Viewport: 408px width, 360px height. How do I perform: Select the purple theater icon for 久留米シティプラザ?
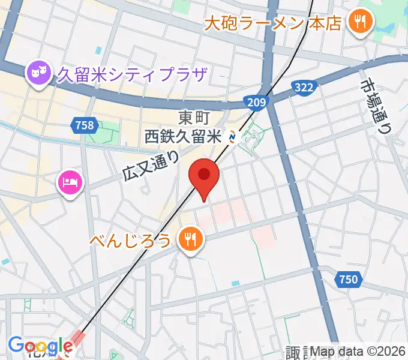click(38, 74)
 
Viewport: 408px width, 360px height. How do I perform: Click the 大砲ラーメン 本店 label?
click(272, 23)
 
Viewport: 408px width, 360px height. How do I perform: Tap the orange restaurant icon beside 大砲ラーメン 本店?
click(361, 23)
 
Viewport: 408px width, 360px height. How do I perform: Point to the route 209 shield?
click(256, 103)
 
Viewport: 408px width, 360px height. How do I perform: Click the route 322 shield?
click(304, 88)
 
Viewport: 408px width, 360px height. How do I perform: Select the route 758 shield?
click(85, 125)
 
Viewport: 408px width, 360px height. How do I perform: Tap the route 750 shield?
click(347, 279)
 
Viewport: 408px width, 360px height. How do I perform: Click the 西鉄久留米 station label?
click(184, 137)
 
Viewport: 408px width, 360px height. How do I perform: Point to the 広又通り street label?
click(151, 165)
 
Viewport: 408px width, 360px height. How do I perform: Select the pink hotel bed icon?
click(70, 181)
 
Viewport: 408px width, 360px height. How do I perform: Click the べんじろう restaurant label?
click(131, 241)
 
